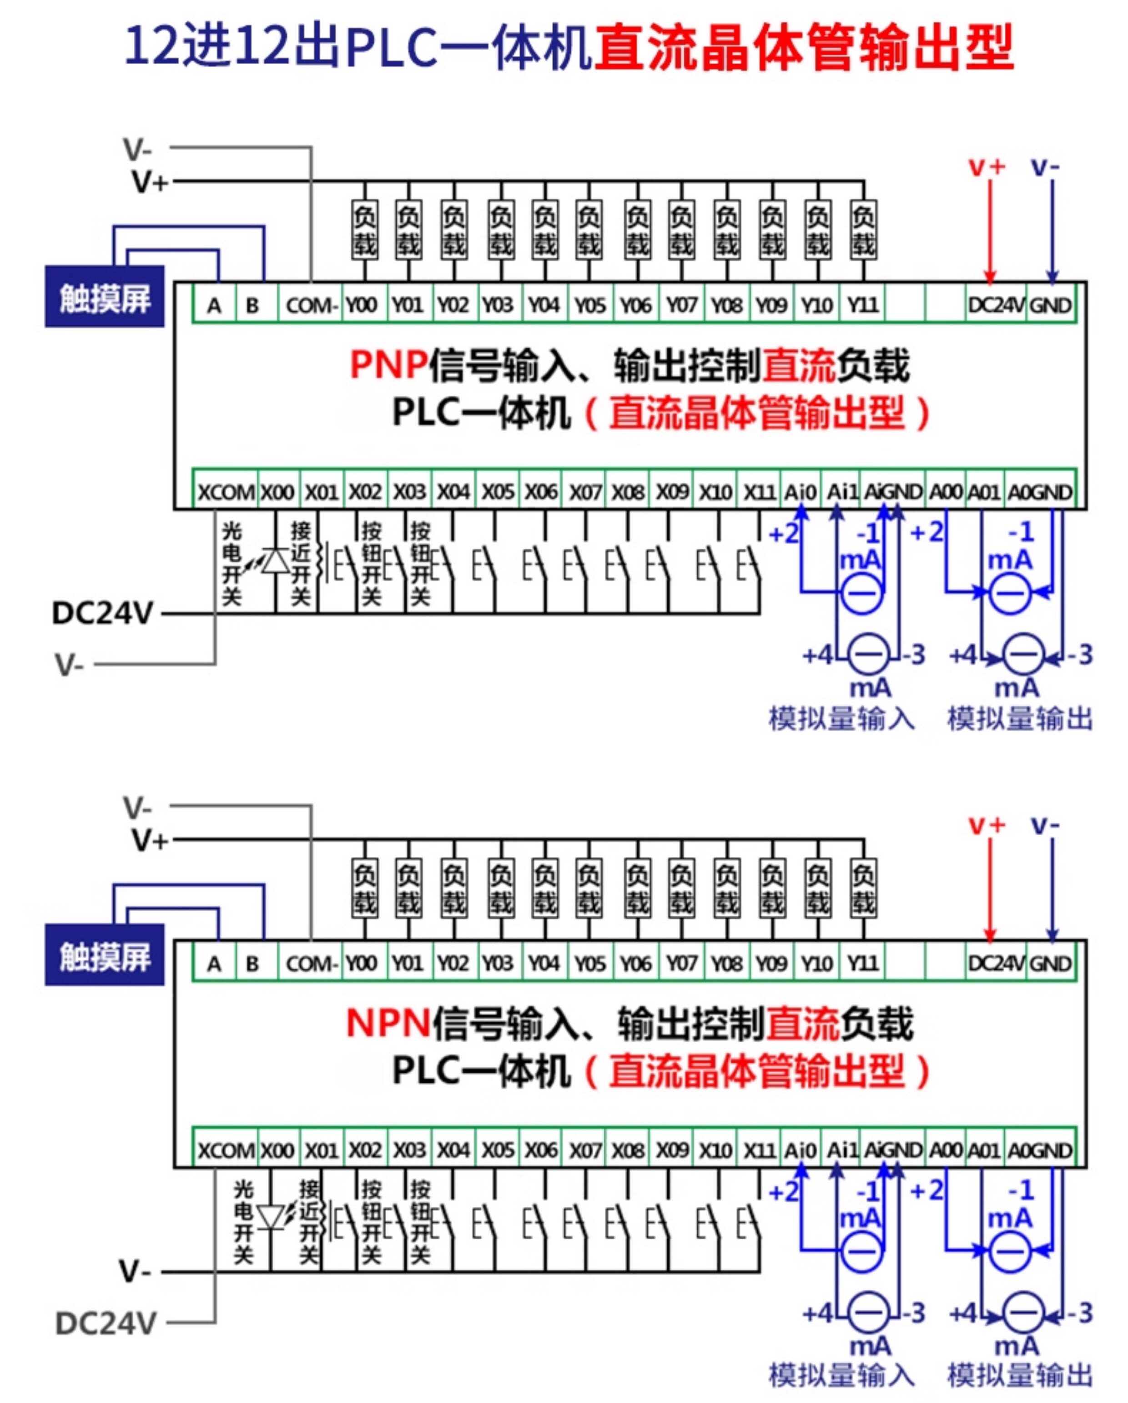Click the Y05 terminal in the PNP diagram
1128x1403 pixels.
[589, 304]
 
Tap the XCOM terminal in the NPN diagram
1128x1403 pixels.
[226, 1150]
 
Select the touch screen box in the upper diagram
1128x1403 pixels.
[105, 297]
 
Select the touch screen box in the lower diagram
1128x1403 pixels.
[105, 954]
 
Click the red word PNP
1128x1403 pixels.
[388, 364]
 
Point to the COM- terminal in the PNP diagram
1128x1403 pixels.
[311, 304]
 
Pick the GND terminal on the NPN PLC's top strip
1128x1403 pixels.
[1051, 963]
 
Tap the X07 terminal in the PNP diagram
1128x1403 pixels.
[585, 492]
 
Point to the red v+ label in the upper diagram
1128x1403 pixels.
[987, 167]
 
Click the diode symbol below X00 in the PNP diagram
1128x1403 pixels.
[275, 560]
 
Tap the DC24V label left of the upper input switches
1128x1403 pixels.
[102, 613]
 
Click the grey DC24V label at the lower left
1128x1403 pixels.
[106, 1323]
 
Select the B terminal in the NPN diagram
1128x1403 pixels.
[252, 963]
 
